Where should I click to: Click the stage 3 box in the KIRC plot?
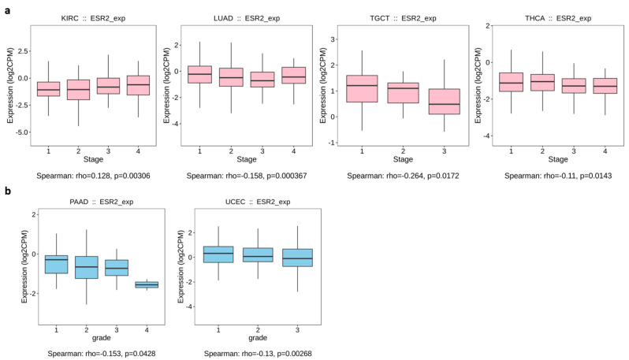pos(103,86)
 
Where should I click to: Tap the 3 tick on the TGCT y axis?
pos(334,39)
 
